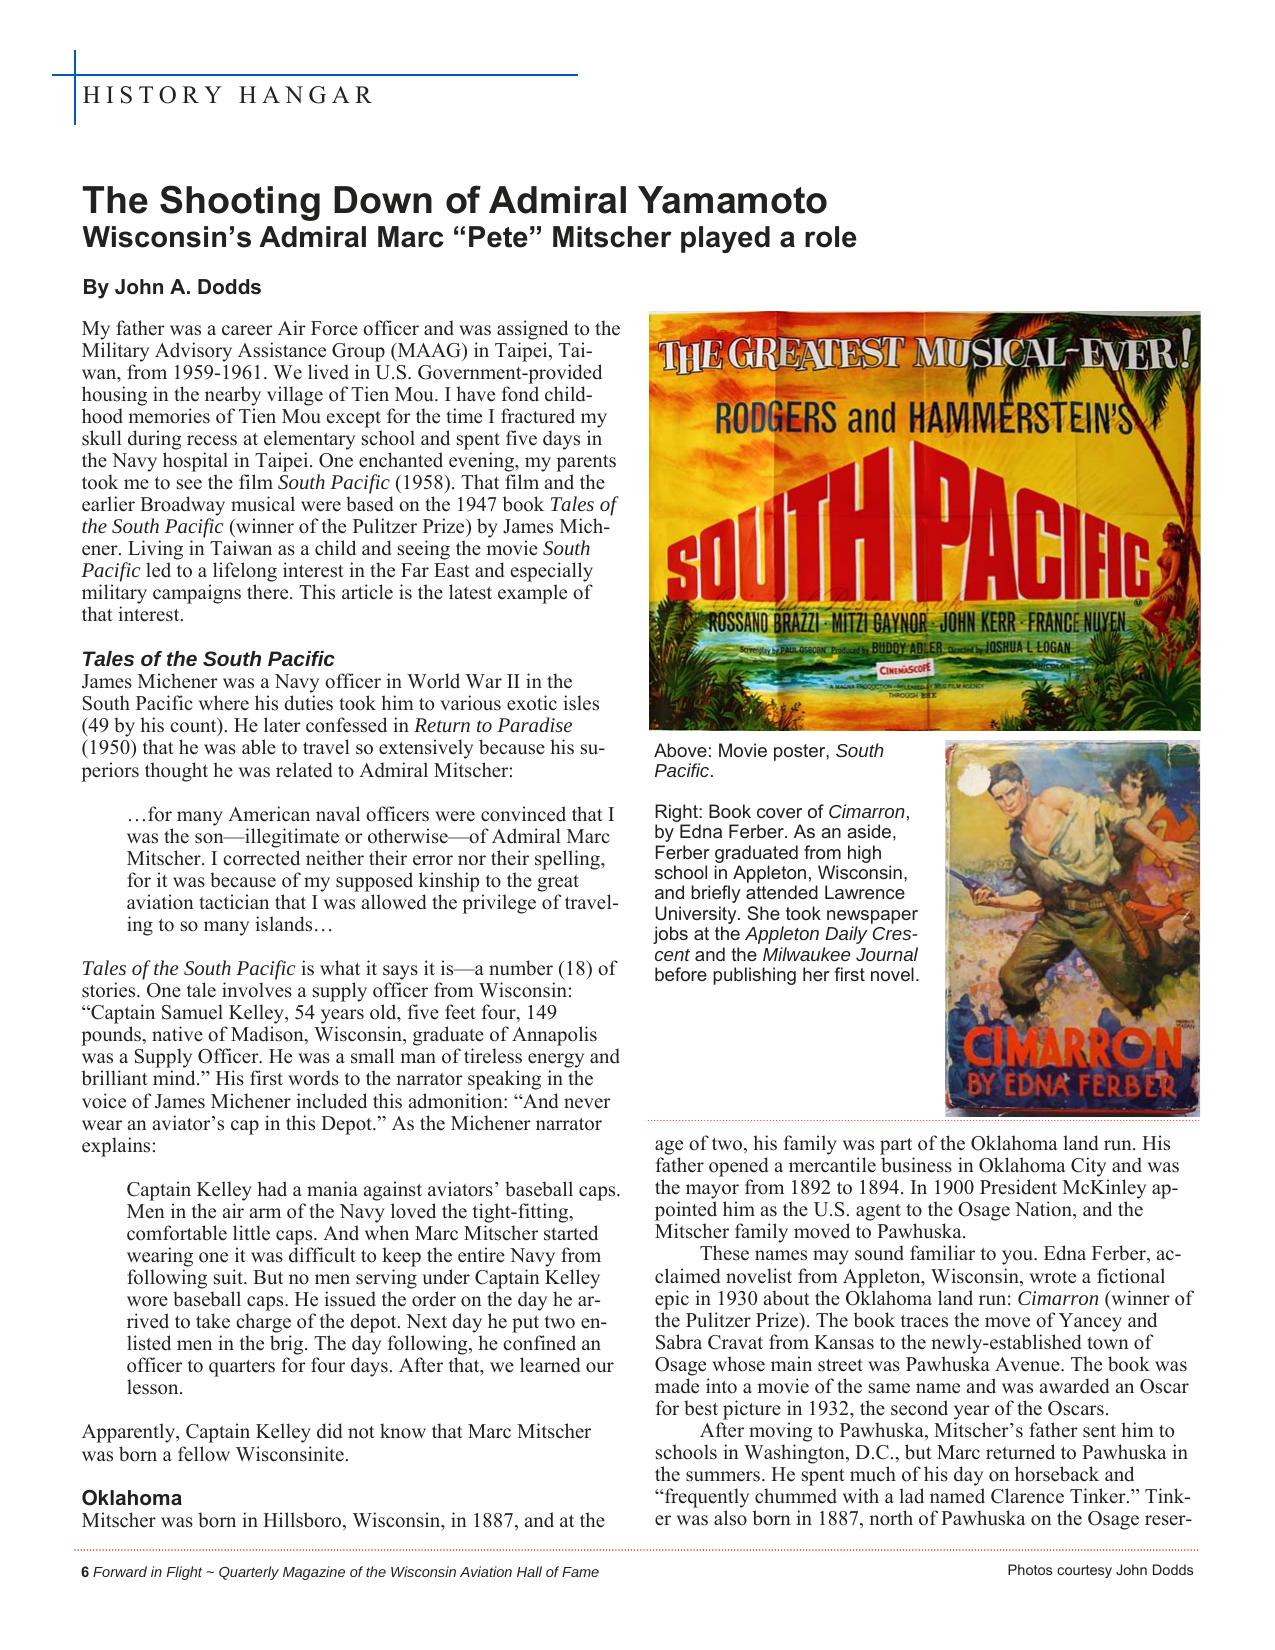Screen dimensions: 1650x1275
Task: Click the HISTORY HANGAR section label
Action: [228, 96]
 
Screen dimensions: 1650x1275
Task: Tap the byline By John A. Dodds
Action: [171, 288]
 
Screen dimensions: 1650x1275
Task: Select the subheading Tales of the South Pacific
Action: [208, 659]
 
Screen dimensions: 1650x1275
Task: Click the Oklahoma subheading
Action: [132, 1498]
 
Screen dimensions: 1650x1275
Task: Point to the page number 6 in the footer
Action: [85, 1572]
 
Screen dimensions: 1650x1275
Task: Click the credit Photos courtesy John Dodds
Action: [1100, 1570]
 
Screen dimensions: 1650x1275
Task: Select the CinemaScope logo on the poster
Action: [908, 666]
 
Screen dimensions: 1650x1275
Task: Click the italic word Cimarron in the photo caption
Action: [866, 812]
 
